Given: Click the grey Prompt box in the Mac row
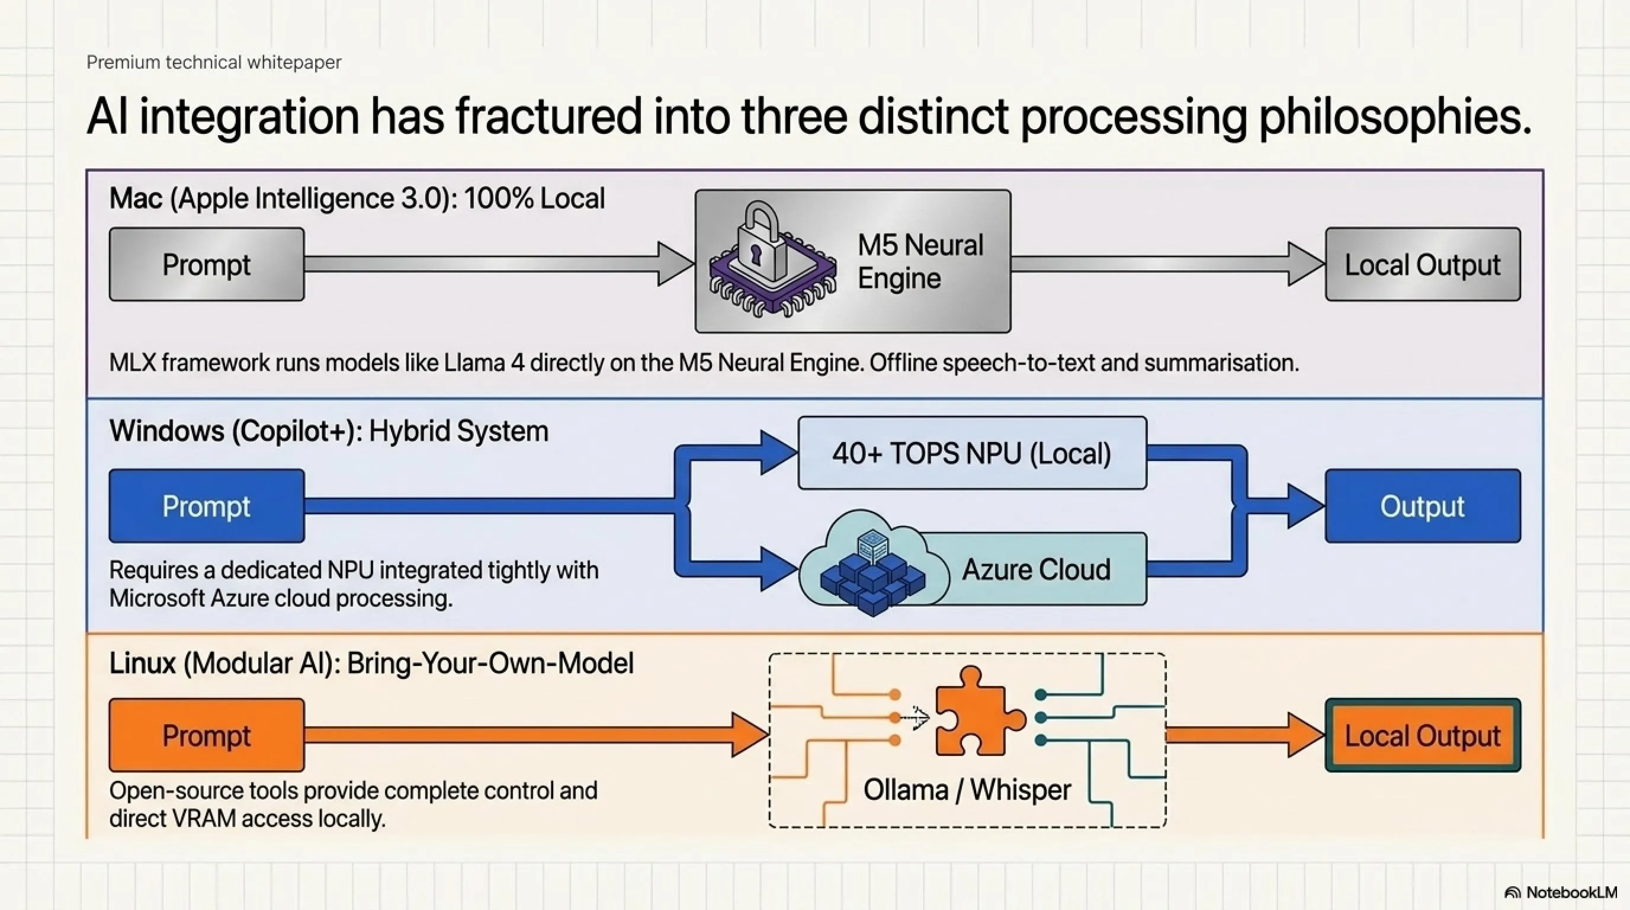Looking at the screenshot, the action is tap(207, 264).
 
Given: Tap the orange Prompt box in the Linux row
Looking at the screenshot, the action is tap(207, 735).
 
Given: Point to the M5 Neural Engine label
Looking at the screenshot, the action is tap(920, 261).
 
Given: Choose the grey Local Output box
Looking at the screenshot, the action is tap(1423, 264).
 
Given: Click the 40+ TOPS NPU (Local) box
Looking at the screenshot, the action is tap(973, 453).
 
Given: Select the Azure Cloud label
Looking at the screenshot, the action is tap(1037, 569).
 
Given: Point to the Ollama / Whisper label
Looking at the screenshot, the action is tap(967, 790).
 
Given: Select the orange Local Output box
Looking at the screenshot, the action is tap(1423, 735).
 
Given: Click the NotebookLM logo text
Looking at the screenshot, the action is tap(1571, 892).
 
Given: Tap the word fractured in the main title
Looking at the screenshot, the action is tap(548, 117).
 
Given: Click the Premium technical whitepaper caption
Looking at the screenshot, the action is tap(214, 62).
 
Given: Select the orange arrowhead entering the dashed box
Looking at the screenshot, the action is tap(750, 735).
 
